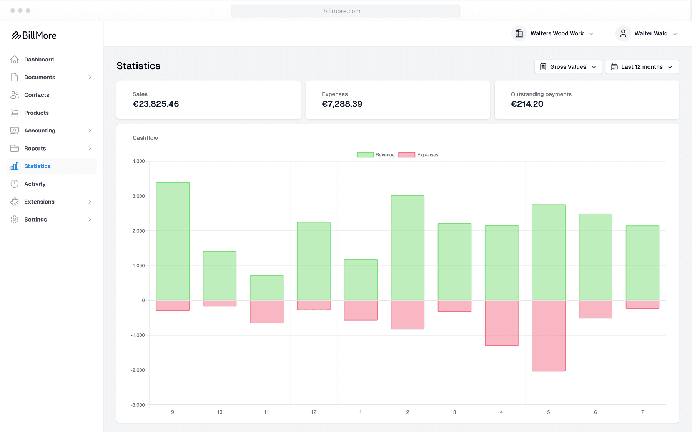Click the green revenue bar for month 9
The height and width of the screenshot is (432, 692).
click(173, 241)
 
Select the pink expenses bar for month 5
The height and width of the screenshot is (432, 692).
click(549, 336)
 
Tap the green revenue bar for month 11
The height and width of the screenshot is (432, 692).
click(266, 288)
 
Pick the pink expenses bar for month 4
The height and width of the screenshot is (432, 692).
click(501, 323)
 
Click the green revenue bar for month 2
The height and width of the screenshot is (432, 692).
click(408, 248)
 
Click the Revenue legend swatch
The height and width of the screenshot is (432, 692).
click(365, 155)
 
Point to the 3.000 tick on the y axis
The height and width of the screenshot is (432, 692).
click(138, 196)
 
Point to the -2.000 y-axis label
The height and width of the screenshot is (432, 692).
click(138, 370)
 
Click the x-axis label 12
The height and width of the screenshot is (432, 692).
click(313, 412)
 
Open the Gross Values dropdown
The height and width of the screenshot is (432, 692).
click(568, 67)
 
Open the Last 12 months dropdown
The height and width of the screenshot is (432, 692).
click(642, 67)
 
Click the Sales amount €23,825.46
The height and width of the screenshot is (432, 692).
click(156, 104)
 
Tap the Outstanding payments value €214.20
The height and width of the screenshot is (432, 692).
click(527, 104)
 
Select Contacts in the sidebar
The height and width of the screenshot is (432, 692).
click(37, 95)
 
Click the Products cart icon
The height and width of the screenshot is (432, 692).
click(15, 113)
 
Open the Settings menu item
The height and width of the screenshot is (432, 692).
click(35, 220)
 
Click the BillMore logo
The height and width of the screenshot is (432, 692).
click(34, 35)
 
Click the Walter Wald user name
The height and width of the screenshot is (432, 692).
click(651, 33)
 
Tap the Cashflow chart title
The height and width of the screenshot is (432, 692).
click(145, 138)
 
